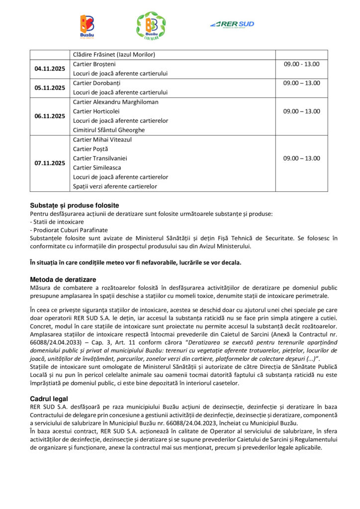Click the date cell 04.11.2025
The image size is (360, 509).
tap(50, 69)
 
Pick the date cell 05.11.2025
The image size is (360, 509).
tap(50, 87)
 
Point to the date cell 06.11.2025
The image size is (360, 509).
tap(50, 116)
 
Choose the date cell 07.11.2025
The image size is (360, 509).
tap(50, 163)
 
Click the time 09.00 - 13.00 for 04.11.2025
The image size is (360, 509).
tap(301, 64)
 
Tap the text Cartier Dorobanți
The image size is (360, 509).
tap(96, 83)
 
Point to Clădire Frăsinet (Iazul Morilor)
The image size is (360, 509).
tap(114, 54)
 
